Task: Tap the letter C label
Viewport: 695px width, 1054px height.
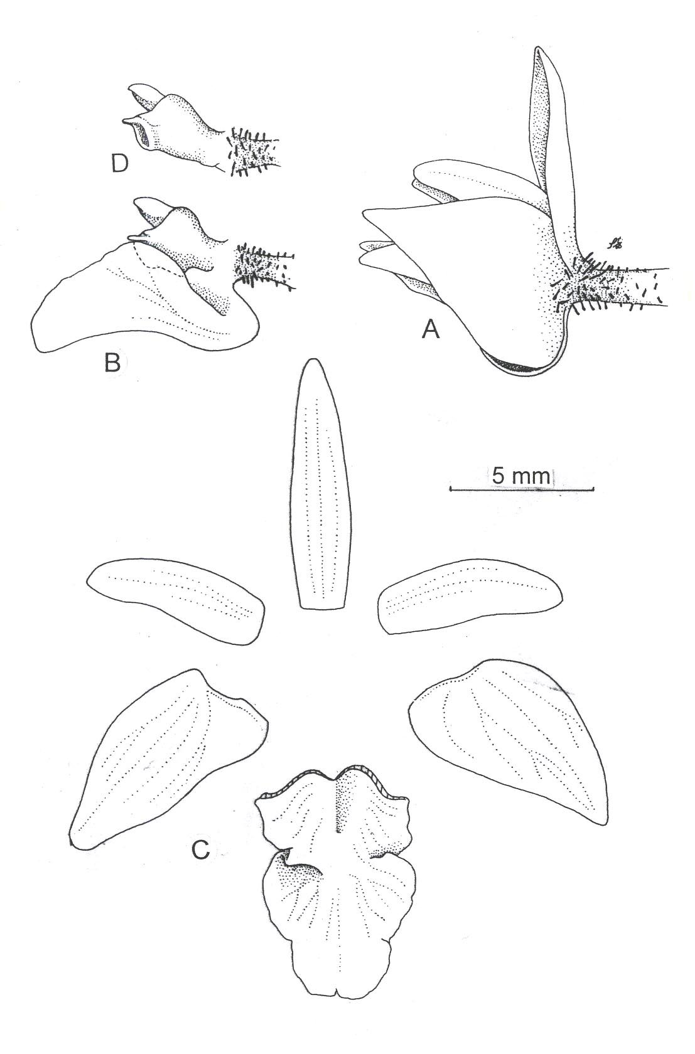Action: coord(201,848)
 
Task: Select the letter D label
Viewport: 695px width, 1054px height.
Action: coord(119,164)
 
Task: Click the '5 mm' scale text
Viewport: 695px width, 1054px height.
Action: coord(521,476)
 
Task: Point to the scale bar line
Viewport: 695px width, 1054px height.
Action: coord(522,490)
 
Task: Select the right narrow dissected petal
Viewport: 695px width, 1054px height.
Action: coord(471,596)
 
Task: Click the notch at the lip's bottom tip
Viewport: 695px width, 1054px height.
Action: coord(335,987)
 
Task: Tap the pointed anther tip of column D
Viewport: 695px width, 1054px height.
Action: coord(131,88)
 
